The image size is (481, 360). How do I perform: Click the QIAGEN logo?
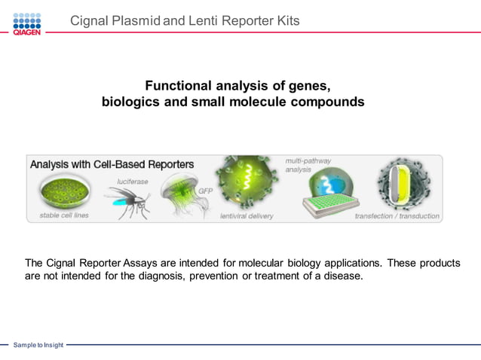(x=26, y=23)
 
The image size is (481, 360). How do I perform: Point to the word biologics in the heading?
(x=130, y=102)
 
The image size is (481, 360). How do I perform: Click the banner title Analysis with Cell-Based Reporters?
(x=112, y=164)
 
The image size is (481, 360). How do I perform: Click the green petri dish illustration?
(x=63, y=193)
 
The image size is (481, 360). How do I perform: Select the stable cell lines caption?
(x=63, y=215)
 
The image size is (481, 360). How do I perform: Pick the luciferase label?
(x=132, y=182)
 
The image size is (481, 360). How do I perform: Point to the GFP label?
(x=205, y=191)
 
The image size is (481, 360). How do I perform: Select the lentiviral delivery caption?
(x=247, y=215)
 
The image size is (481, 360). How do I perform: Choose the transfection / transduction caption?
(x=397, y=215)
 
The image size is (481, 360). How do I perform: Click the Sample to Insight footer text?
(x=38, y=345)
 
